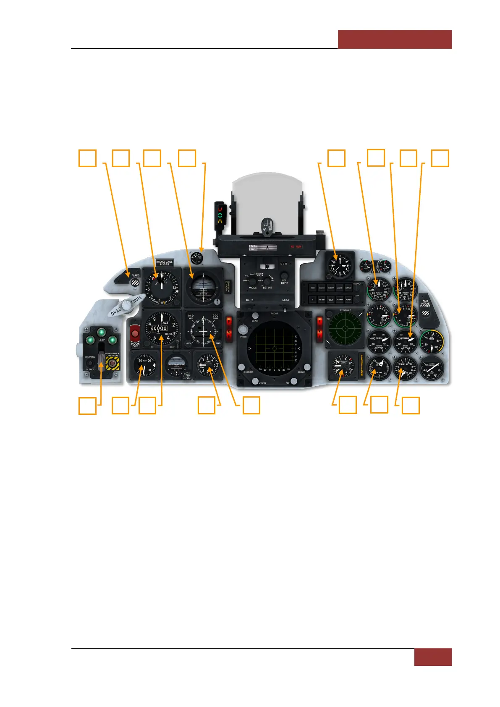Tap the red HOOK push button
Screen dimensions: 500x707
135,334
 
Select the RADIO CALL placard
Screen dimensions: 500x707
164,263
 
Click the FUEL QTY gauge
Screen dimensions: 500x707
405,368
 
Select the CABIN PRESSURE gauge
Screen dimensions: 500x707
432,368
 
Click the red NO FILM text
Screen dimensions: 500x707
296,247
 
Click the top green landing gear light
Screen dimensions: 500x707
101,333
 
